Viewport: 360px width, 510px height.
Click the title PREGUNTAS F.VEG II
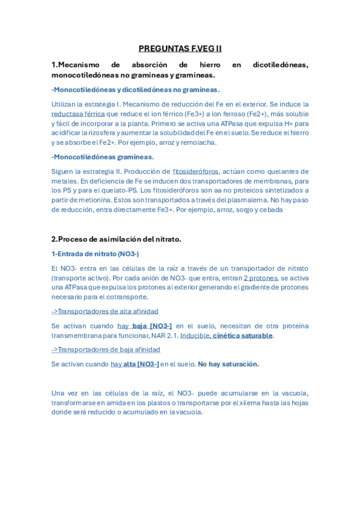point(180,49)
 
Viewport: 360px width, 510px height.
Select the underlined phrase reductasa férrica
point(78,114)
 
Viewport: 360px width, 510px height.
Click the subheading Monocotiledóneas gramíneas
point(103,157)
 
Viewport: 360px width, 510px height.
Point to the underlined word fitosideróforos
point(195,171)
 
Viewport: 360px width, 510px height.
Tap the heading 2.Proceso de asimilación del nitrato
point(116,239)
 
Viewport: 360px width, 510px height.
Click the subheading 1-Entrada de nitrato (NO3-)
point(95,254)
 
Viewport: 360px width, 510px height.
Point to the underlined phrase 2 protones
point(261,278)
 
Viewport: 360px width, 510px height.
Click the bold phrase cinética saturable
point(243,336)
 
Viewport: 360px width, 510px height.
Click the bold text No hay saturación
point(228,364)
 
